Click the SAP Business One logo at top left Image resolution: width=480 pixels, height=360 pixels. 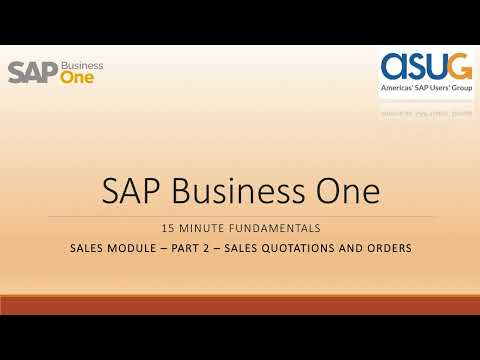(55, 72)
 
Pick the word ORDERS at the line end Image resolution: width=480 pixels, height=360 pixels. (388, 248)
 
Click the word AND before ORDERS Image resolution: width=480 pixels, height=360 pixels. (352, 248)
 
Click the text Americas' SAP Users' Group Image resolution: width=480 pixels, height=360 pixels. (427, 89)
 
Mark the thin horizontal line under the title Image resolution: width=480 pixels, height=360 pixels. (240, 216)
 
